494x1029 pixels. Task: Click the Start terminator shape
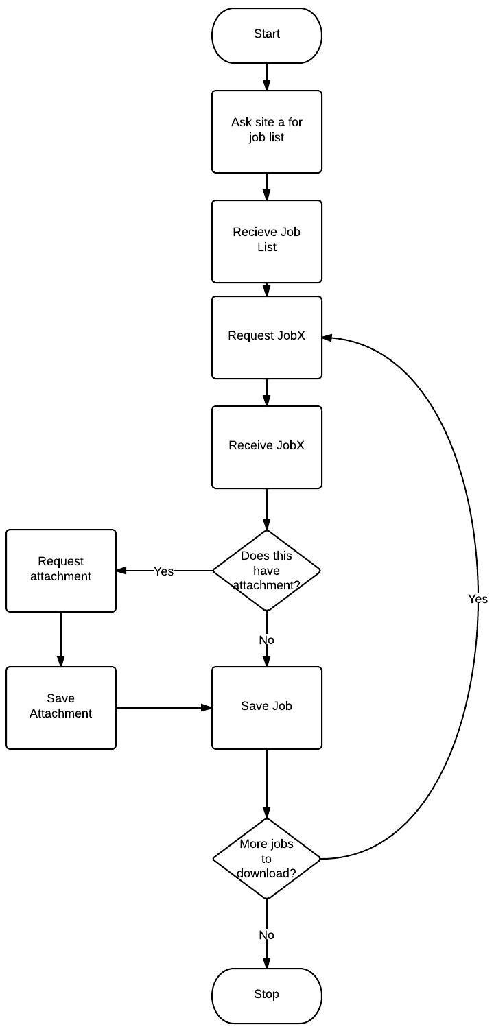pos(266,35)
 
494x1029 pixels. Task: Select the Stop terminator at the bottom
pos(266,995)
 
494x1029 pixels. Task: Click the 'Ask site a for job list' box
pos(266,131)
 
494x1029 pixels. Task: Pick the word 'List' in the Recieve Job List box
pos(266,247)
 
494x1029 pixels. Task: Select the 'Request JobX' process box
pos(266,337)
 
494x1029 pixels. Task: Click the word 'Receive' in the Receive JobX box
pos(250,445)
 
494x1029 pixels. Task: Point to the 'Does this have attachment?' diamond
pos(266,570)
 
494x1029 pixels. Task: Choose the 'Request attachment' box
pos(60,570)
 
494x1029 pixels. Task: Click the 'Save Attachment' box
pos(60,707)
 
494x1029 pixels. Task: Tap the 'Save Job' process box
pos(266,707)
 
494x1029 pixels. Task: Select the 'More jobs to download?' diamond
pos(266,858)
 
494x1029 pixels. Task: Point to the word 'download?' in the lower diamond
pos(266,874)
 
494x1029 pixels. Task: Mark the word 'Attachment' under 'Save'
pos(60,714)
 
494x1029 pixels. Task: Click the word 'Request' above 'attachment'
pos(60,562)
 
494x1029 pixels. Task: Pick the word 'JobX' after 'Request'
pos(292,336)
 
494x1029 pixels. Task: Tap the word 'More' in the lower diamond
pos(252,844)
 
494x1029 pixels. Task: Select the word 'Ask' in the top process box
pos(242,122)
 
